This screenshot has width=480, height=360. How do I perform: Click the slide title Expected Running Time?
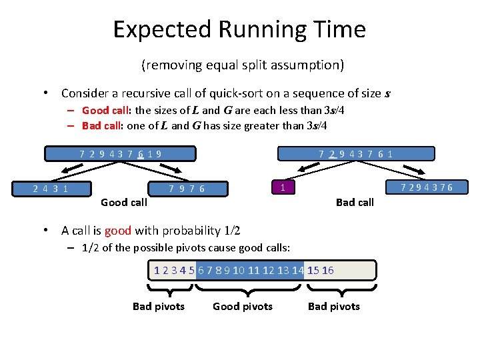(239, 30)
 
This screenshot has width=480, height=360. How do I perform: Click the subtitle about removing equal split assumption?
(242, 65)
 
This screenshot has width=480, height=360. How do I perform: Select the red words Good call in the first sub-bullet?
(106, 111)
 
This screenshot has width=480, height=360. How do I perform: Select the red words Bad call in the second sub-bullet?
(101, 125)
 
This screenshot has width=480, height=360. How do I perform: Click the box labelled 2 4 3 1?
(51, 188)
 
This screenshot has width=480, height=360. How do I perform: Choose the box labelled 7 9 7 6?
(187, 188)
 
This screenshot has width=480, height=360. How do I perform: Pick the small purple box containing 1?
(283, 187)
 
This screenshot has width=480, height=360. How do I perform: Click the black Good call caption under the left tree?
(123, 202)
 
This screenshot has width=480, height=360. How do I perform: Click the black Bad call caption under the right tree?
(355, 202)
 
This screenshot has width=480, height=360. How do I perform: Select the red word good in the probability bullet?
(118, 231)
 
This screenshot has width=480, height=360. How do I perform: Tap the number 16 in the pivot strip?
(328, 270)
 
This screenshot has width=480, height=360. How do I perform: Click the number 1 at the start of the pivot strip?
(157, 270)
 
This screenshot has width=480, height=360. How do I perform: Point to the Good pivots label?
(243, 307)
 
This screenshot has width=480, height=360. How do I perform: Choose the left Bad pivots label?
(159, 307)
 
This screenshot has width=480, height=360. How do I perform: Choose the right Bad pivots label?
(333, 307)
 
